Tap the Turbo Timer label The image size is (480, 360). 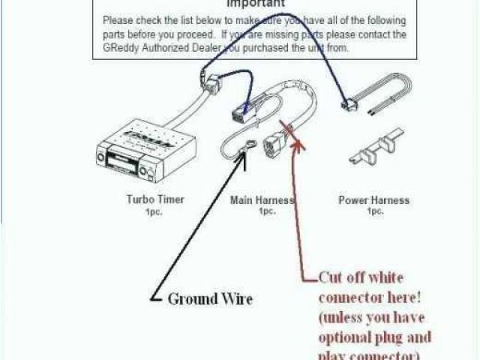[155, 200]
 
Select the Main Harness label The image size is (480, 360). [262, 200]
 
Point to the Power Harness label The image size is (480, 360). [373, 200]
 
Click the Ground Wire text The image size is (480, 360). [210, 298]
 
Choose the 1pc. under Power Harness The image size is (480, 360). [374, 211]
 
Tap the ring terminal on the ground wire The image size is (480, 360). [242, 154]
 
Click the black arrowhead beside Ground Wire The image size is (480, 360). [157, 298]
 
